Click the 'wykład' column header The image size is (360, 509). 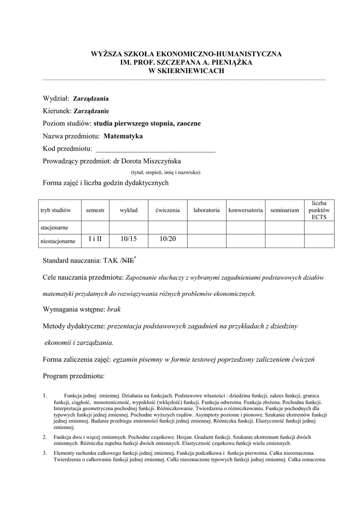(x=128, y=210)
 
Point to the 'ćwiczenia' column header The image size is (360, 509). (x=167, y=210)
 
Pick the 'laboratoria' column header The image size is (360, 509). (x=206, y=210)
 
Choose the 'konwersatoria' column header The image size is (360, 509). (x=246, y=210)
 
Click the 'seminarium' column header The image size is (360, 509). (x=285, y=210)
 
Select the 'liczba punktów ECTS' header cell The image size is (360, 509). (x=319, y=210)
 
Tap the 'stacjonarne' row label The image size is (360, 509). (x=54, y=227)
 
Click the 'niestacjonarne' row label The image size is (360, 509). (x=58, y=241)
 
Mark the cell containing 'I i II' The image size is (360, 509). (x=95, y=240)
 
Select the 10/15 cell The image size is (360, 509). (x=128, y=240)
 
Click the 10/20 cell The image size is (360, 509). (x=167, y=240)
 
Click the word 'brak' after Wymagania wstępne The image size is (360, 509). (x=114, y=309)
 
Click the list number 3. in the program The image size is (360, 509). (x=45, y=453)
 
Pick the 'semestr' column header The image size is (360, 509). (x=95, y=210)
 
